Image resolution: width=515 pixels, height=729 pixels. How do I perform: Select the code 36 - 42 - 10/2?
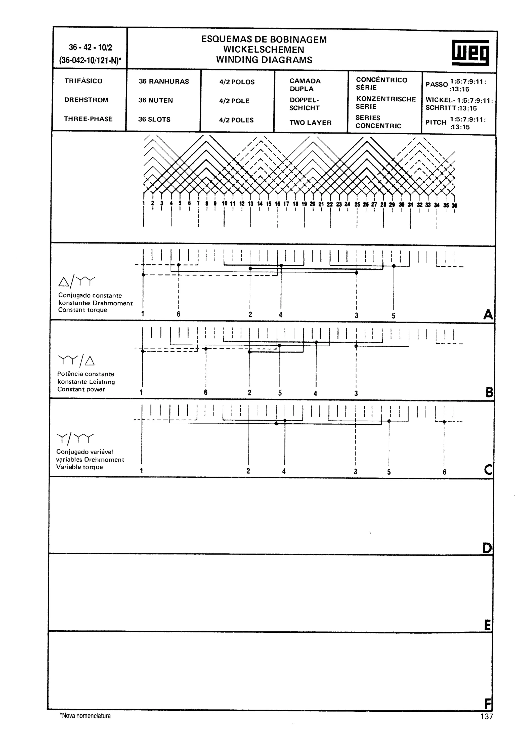[91, 48]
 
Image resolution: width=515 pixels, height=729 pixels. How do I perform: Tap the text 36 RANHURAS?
[164, 81]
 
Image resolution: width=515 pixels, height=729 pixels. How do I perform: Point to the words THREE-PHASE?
[88, 119]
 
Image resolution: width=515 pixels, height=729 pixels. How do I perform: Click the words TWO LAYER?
[310, 123]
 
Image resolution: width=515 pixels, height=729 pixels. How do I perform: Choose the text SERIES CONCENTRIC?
[378, 121]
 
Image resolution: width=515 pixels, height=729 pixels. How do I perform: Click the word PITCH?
[436, 122]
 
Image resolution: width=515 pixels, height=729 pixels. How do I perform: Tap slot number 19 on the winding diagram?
[304, 204]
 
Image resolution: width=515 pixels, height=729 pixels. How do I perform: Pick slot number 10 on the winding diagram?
[224, 204]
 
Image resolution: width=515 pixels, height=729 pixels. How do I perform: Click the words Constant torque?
[82, 310]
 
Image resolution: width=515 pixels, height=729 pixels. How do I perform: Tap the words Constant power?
[81, 389]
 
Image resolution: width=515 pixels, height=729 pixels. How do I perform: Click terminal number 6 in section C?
[444, 472]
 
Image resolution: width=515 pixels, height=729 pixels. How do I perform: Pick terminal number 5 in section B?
[280, 393]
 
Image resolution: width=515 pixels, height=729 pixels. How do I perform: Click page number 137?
[486, 716]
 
